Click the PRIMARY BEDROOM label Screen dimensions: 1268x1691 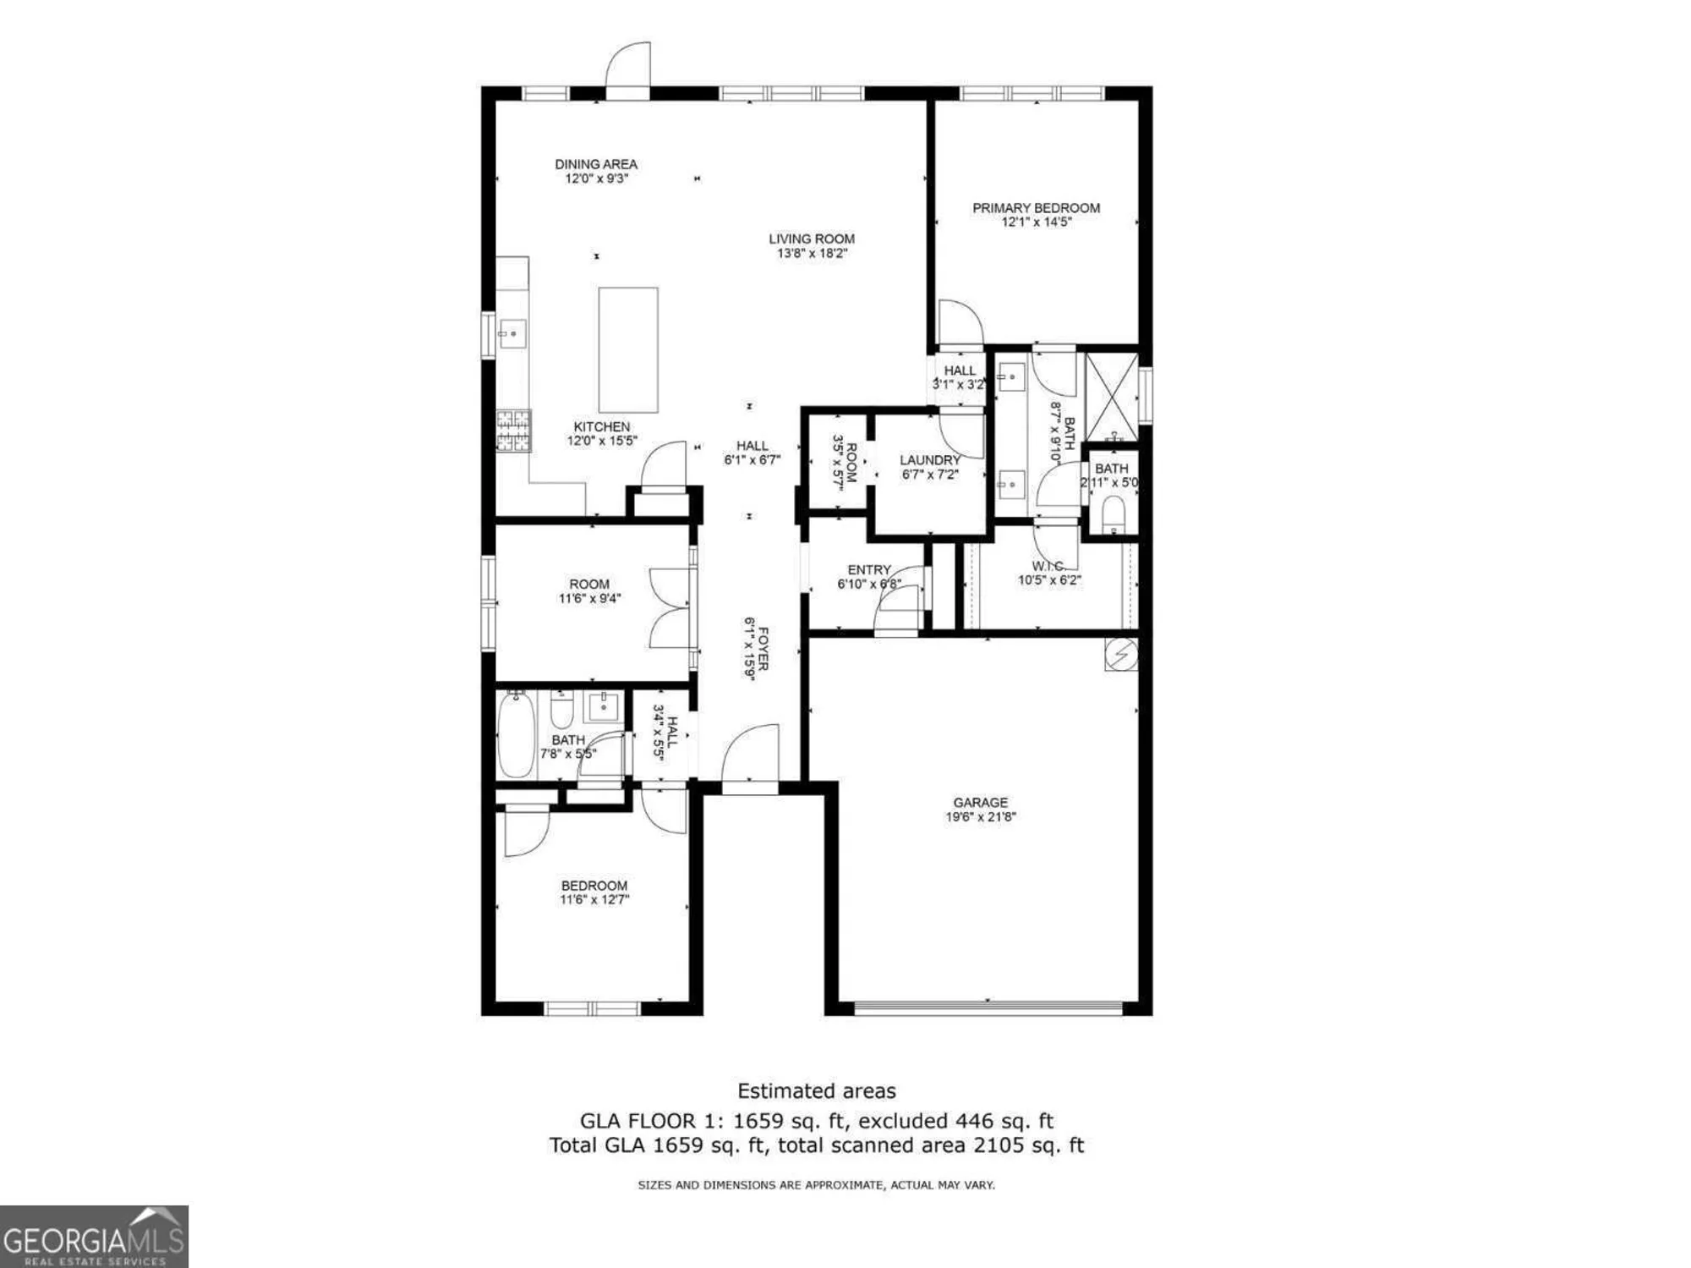pos(1036,207)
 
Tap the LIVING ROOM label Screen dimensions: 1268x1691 pos(812,239)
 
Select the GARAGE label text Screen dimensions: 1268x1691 pos(980,802)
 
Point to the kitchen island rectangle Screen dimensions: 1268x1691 pos(628,349)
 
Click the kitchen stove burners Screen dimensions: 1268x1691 pos(513,431)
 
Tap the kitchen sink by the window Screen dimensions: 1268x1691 pos(512,334)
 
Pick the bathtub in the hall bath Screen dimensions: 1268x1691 pos(515,734)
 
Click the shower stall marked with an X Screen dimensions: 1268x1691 pos(1111,395)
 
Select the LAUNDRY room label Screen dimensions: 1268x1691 pos(930,460)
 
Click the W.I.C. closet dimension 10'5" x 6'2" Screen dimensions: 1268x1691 pos(1049,580)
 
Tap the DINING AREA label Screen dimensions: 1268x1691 pos(596,164)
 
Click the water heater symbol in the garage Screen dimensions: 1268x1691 pos(1121,655)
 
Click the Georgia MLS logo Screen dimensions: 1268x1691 pos(93,1237)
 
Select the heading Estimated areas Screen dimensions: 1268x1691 pos(816,1091)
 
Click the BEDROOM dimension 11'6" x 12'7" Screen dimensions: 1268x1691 pos(594,899)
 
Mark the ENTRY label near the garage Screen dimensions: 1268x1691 pos(869,569)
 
